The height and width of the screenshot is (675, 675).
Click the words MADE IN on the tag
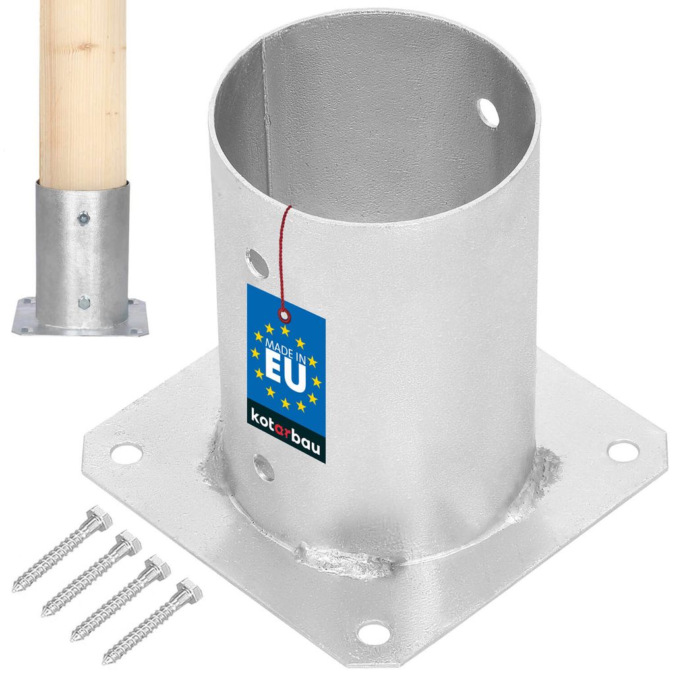(x=286, y=349)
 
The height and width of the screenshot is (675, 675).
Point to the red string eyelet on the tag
(x=284, y=316)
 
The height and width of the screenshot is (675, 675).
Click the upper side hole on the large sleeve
(x=257, y=262)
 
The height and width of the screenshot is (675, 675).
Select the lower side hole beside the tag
(x=264, y=467)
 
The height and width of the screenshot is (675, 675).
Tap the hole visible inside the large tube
(x=488, y=113)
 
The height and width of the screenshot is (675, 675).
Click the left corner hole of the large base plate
(x=127, y=453)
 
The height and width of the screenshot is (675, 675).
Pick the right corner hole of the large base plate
(x=623, y=450)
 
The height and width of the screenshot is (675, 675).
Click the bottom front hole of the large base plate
(x=374, y=632)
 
